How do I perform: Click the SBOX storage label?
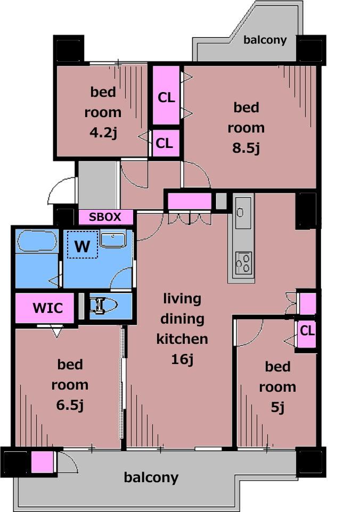coord(105,217)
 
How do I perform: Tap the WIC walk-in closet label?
coord(48,308)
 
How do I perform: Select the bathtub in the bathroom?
coord(37,241)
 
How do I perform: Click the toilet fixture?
coord(103,306)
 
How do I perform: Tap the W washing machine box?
coord(83,245)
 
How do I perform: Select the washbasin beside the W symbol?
coord(113,240)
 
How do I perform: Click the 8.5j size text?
coord(246,148)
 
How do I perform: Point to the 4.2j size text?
coord(103,133)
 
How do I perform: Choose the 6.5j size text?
coord(70,405)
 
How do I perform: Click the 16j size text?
coord(182,359)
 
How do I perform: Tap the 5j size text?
coord(277,407)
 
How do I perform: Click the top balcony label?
coord(265,40)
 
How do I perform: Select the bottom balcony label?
coord(151,477)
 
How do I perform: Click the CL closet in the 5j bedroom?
coord(307,331)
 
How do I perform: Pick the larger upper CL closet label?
coord(166,97)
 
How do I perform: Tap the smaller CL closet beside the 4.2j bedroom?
coord(165,143)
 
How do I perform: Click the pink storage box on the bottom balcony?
coord(42,463)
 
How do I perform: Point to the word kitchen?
coord(182,339)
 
